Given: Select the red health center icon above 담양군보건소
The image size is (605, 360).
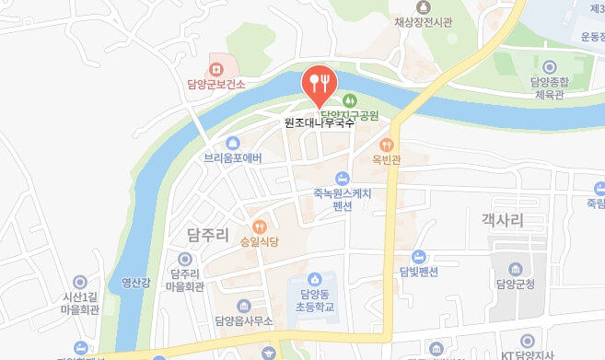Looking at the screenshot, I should tap(216, 67).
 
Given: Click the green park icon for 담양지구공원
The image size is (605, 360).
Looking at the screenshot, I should tap(350, 99).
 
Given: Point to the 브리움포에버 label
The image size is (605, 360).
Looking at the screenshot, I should tap(233, 158).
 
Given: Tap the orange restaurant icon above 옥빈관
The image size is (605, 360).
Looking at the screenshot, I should tap(388, 144).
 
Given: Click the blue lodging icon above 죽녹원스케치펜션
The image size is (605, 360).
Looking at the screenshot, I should tap(343, 178).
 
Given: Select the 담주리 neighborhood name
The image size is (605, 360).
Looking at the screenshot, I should tap(206, 235).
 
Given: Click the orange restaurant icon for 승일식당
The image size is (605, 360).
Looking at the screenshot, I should tap(260, 226).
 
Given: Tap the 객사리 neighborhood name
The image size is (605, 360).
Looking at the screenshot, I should tap(501, 221).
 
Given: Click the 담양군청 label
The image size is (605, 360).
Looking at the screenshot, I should tap(521, 285).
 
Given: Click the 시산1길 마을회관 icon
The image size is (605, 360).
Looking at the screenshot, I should tap(79, 282).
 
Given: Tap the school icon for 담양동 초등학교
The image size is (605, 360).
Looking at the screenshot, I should tap(315, 278).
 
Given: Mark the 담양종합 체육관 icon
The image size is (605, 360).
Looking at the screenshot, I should tap(550, 66).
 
